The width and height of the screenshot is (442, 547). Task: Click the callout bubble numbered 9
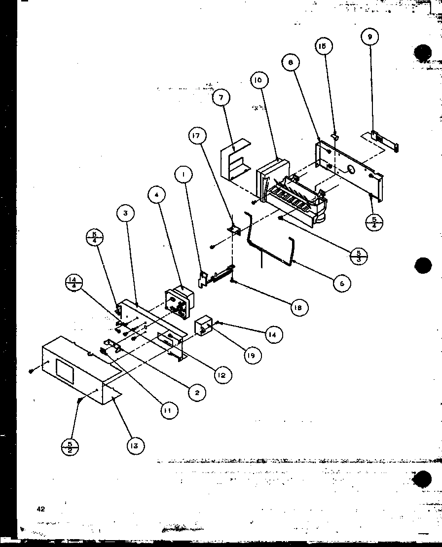click(369, 36)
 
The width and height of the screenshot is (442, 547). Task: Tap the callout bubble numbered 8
click(291, 62)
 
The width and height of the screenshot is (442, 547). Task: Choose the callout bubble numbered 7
click(221, 98)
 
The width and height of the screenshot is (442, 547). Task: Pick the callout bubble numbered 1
click(183, 174)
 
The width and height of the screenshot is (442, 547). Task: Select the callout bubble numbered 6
click(341, 283)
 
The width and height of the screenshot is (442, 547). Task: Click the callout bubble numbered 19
click(252, 355)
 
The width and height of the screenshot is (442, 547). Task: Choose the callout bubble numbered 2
click(196, 392)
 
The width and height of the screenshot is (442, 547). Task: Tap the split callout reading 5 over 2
click(70, 448)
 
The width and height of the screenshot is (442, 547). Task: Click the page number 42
click(40, 509)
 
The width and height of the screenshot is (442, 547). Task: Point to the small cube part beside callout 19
click(204, 326)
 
